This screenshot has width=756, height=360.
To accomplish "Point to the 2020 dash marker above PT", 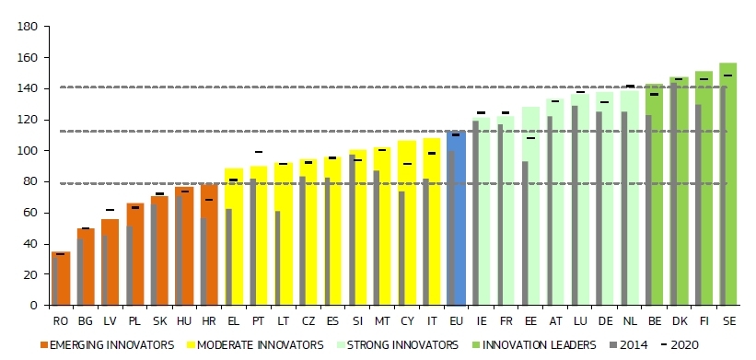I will click(259, 152).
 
